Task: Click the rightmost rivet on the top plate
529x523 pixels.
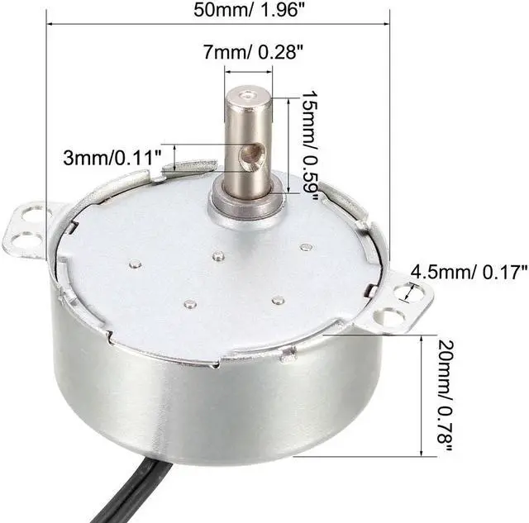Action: [307, 246]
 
